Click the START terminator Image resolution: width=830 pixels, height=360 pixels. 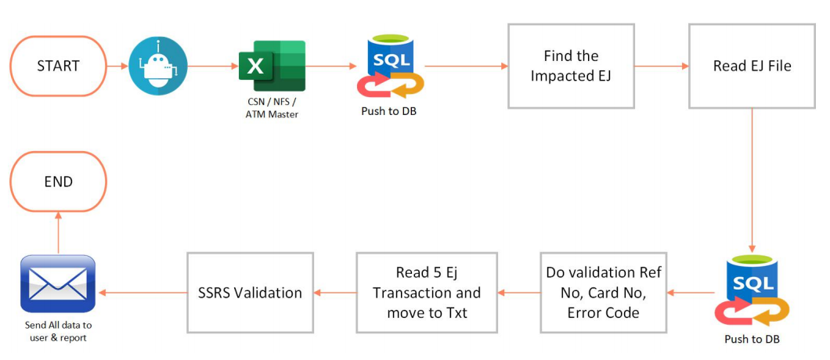click(58, 66)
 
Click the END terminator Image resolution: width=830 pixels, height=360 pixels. click(58, 182)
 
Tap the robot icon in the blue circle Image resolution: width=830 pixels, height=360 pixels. click(160, 67)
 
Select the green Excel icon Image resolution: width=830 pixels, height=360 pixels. click(272, 66)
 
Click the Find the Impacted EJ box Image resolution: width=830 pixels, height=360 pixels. click(571, 66)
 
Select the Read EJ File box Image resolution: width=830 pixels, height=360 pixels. click(752, 66)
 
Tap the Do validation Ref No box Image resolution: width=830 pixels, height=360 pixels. click(603, 292)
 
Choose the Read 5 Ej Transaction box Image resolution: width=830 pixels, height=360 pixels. click(427, 292)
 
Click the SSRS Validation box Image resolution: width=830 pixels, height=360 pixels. click(250, 292)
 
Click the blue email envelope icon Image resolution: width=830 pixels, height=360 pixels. click(58, 284)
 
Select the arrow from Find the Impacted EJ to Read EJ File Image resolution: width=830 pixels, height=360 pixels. click(661, 66)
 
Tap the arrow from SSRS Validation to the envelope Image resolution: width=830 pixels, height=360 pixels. click(143, 293)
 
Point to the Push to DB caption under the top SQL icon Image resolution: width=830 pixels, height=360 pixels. click(389, 111)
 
